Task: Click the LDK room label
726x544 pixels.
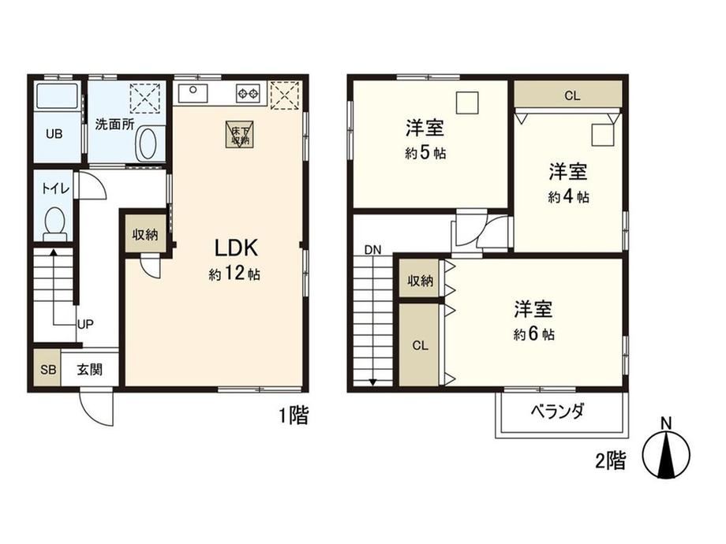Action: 236,248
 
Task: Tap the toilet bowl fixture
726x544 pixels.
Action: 55,223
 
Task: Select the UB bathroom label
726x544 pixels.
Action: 54,134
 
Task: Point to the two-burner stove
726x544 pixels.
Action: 248,94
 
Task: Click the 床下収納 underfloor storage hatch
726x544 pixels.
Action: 240,135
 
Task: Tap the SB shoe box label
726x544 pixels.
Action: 48,370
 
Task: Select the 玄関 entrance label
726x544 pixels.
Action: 89,370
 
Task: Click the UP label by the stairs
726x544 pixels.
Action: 86,324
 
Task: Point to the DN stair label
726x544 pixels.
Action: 372,250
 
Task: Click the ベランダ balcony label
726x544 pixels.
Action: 557,411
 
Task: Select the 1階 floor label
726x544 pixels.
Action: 294,415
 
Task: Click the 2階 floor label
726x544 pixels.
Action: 610,460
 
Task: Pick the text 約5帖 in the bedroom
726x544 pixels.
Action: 425,153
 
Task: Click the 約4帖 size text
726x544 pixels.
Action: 569,196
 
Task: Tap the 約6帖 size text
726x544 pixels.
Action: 534,333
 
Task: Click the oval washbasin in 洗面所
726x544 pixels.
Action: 148,143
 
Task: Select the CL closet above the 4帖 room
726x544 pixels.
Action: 568,95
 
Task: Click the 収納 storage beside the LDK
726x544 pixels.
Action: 145,233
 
